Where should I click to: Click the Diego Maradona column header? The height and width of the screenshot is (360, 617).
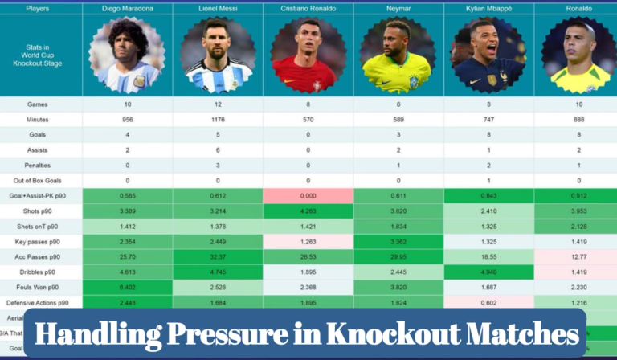[x=127, y=9]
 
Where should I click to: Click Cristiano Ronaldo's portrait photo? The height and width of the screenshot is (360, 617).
[x=308, y=55]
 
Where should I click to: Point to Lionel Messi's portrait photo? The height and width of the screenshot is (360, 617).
[x=218, y=55]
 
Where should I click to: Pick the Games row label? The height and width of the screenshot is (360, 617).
[x=38, y=104]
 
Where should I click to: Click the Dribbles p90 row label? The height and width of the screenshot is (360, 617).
[x=38, y=272]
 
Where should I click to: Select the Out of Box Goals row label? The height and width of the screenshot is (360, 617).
[x=38, y=181]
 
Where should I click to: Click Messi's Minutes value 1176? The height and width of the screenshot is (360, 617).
[x=218, y=120]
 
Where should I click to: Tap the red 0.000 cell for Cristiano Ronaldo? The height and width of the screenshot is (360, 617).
[x=308, y=196]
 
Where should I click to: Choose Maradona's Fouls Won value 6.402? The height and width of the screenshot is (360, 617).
[x=127, y=288]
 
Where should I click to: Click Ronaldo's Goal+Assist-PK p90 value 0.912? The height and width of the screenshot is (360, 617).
[x=578, y=196]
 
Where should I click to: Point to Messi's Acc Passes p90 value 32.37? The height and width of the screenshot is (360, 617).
[x=218, y=257]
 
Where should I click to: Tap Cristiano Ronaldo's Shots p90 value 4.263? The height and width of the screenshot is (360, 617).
[x=308, y=211]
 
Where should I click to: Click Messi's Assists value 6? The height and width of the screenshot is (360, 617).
[x=218, y=150]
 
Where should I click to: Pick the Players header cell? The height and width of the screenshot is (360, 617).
[x=38, y=9]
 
